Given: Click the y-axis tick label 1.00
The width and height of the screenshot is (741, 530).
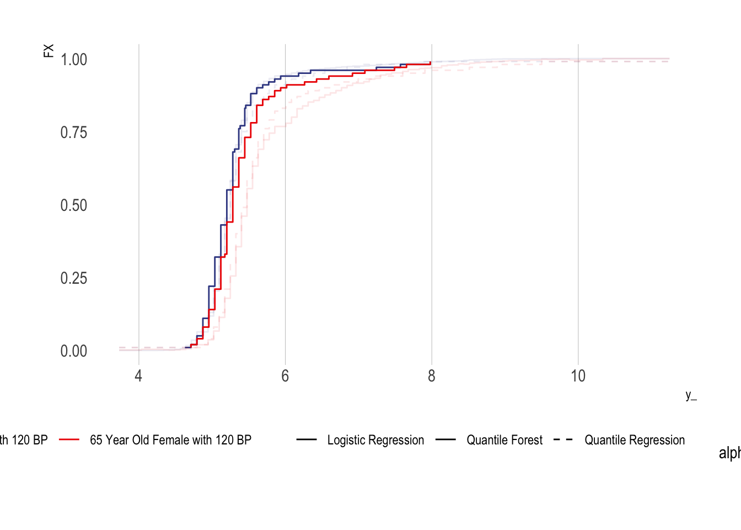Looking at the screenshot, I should (x=74, y=60).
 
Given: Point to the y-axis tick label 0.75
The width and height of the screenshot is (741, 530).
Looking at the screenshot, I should (x=74, y=132).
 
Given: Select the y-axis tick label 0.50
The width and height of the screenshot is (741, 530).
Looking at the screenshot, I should (x=74, y=205).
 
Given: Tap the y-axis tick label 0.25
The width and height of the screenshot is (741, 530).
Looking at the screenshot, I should (x=74, y=278).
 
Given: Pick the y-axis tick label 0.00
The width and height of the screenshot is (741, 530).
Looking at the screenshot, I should (x=74, y=351).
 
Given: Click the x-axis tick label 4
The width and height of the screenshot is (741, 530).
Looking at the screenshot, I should (x=138, y=377).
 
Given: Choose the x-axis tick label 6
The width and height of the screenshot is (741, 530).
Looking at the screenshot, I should (x=285, y=377).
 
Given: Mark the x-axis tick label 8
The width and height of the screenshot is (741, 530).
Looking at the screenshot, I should (x=431, y=377).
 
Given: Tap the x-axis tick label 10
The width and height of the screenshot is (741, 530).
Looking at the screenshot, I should (x=578, y=377).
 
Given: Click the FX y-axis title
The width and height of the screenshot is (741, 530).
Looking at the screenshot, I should (x=49, y=51).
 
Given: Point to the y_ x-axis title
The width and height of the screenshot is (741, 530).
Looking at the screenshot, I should (x=691, y=395).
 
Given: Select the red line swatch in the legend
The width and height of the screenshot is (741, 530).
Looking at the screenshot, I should (x=70, y=440).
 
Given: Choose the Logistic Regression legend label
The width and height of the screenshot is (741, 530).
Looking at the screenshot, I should (x=375, y=440).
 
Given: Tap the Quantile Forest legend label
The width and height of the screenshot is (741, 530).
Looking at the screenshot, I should (x=504, y=440).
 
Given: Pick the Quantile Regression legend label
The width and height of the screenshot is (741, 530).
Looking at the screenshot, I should (x=635, y=440).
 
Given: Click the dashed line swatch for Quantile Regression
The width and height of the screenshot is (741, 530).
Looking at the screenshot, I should (x=563, y=440).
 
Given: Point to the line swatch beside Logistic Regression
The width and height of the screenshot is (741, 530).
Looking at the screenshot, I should (x=307, y=440).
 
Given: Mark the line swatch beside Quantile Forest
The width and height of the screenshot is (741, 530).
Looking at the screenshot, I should (x=445, y=440).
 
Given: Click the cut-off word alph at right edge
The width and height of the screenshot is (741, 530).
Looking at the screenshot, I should (x=729, y=453).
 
